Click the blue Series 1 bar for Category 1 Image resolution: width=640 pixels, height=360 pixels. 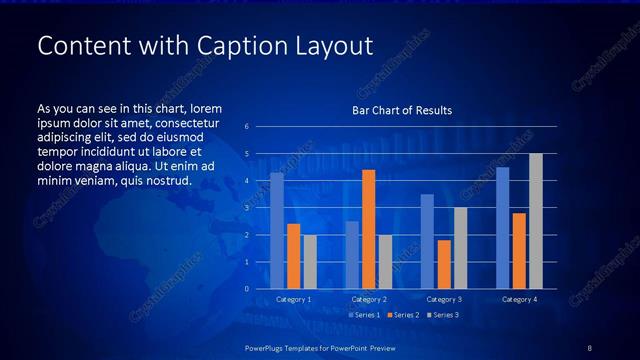(x=277, y=230)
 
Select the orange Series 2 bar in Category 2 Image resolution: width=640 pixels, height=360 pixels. (x=368, y=229)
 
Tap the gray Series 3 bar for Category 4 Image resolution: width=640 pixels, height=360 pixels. (x=536, y=221)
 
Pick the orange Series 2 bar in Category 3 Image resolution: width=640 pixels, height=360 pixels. (x=444, y=264)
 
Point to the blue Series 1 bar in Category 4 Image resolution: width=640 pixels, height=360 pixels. (x=502, y=227)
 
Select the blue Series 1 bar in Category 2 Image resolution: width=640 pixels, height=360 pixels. (x=352, y=255)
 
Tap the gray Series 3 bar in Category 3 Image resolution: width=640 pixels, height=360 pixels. (x=460, y=248)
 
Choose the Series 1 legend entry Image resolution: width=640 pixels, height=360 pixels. (x=364, y=315)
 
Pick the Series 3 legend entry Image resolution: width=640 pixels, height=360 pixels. (x=442, y=315)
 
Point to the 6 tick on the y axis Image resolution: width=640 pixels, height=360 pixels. (x=246, y=127)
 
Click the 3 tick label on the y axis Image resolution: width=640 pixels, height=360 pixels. (x=246, y=208)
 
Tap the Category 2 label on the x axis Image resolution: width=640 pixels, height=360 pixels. (x=369, y=299)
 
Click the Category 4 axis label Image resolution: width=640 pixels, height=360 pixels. (x=519, y=299)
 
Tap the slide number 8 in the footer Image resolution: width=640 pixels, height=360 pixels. (x=589, y=346)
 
